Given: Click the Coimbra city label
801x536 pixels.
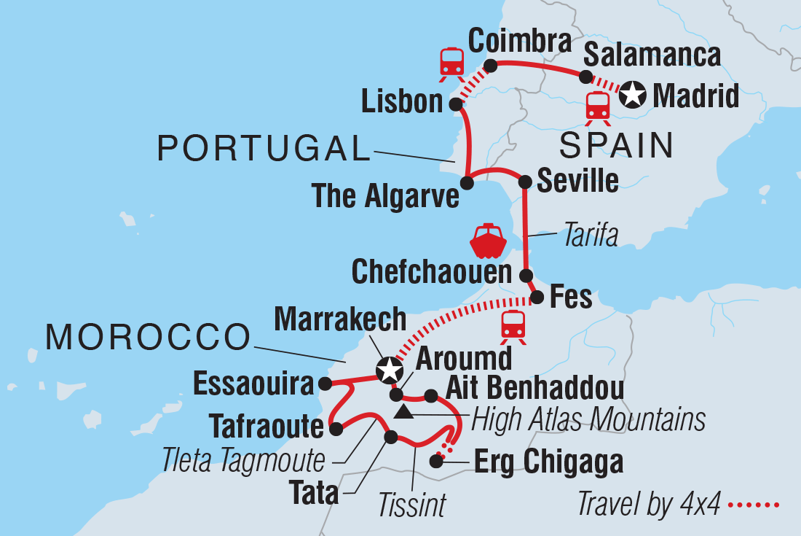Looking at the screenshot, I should (519, 42).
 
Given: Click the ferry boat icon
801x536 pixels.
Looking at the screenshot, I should (488, 241).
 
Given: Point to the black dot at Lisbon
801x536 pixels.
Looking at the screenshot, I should (456, 104).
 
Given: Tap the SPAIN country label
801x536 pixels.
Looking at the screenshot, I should (616, 146).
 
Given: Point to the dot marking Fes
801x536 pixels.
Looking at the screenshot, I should (537, 298).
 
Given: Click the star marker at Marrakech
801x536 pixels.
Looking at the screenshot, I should (389, 370).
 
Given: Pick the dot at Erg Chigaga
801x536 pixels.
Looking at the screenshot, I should (436, 461).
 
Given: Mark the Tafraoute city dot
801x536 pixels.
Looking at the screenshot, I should (336, 430).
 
